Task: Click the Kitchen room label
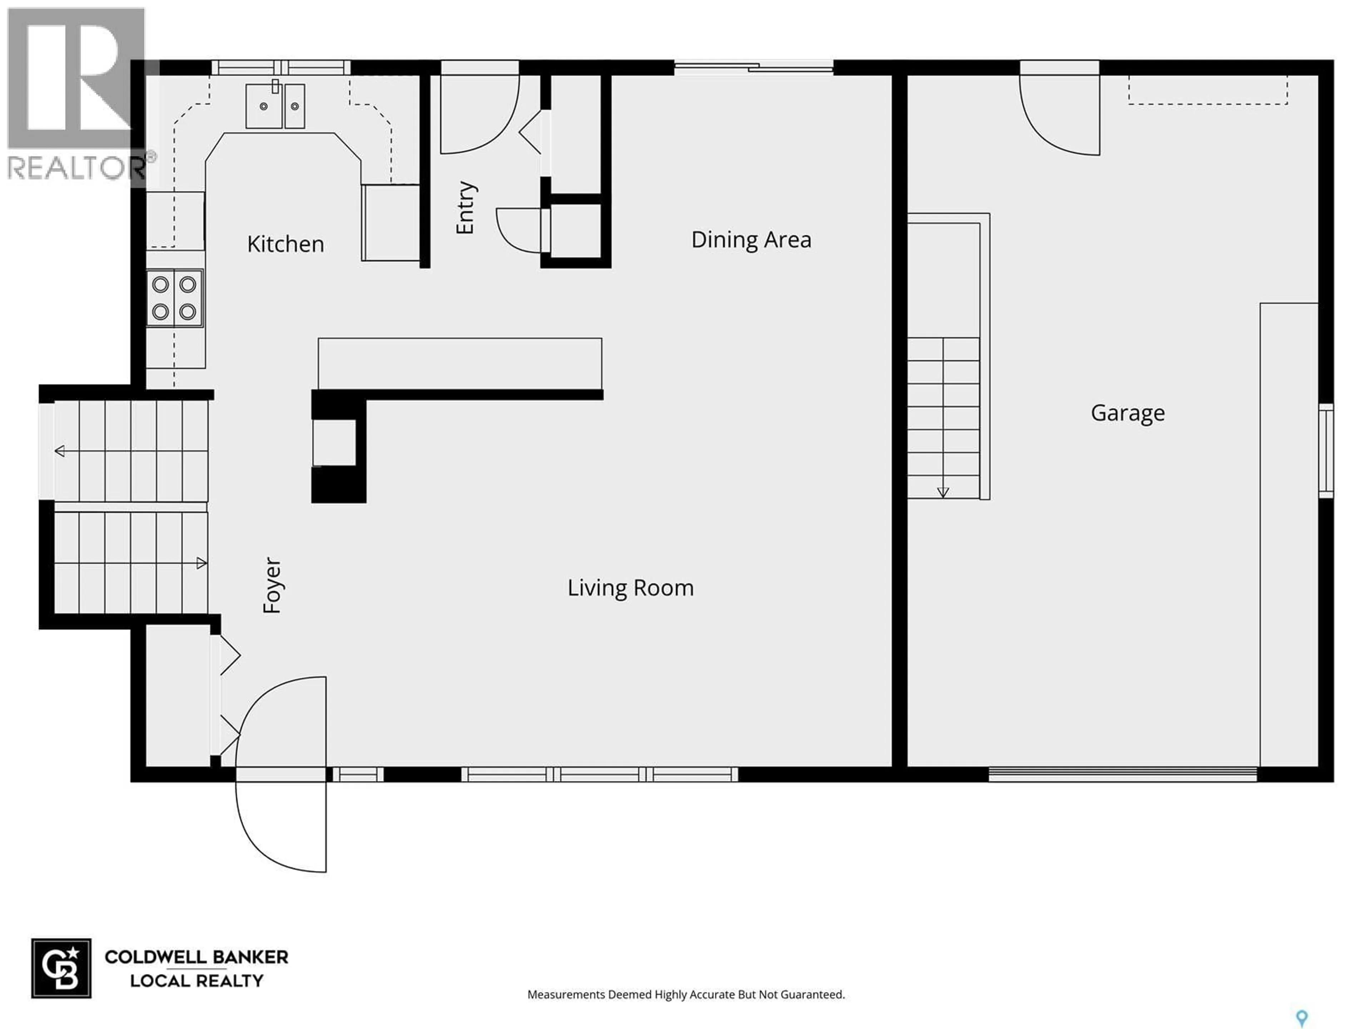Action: point(285,244)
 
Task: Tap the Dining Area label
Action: point(751,239)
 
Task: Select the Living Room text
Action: point(630,587)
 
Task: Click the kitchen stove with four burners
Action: point(174,298)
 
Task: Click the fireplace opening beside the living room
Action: point(334,442)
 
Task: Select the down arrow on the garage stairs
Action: point(943,492)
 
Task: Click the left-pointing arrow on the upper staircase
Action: point(60,451)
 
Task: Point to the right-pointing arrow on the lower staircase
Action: point(201,563)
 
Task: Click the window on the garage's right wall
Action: point(1326,450)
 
